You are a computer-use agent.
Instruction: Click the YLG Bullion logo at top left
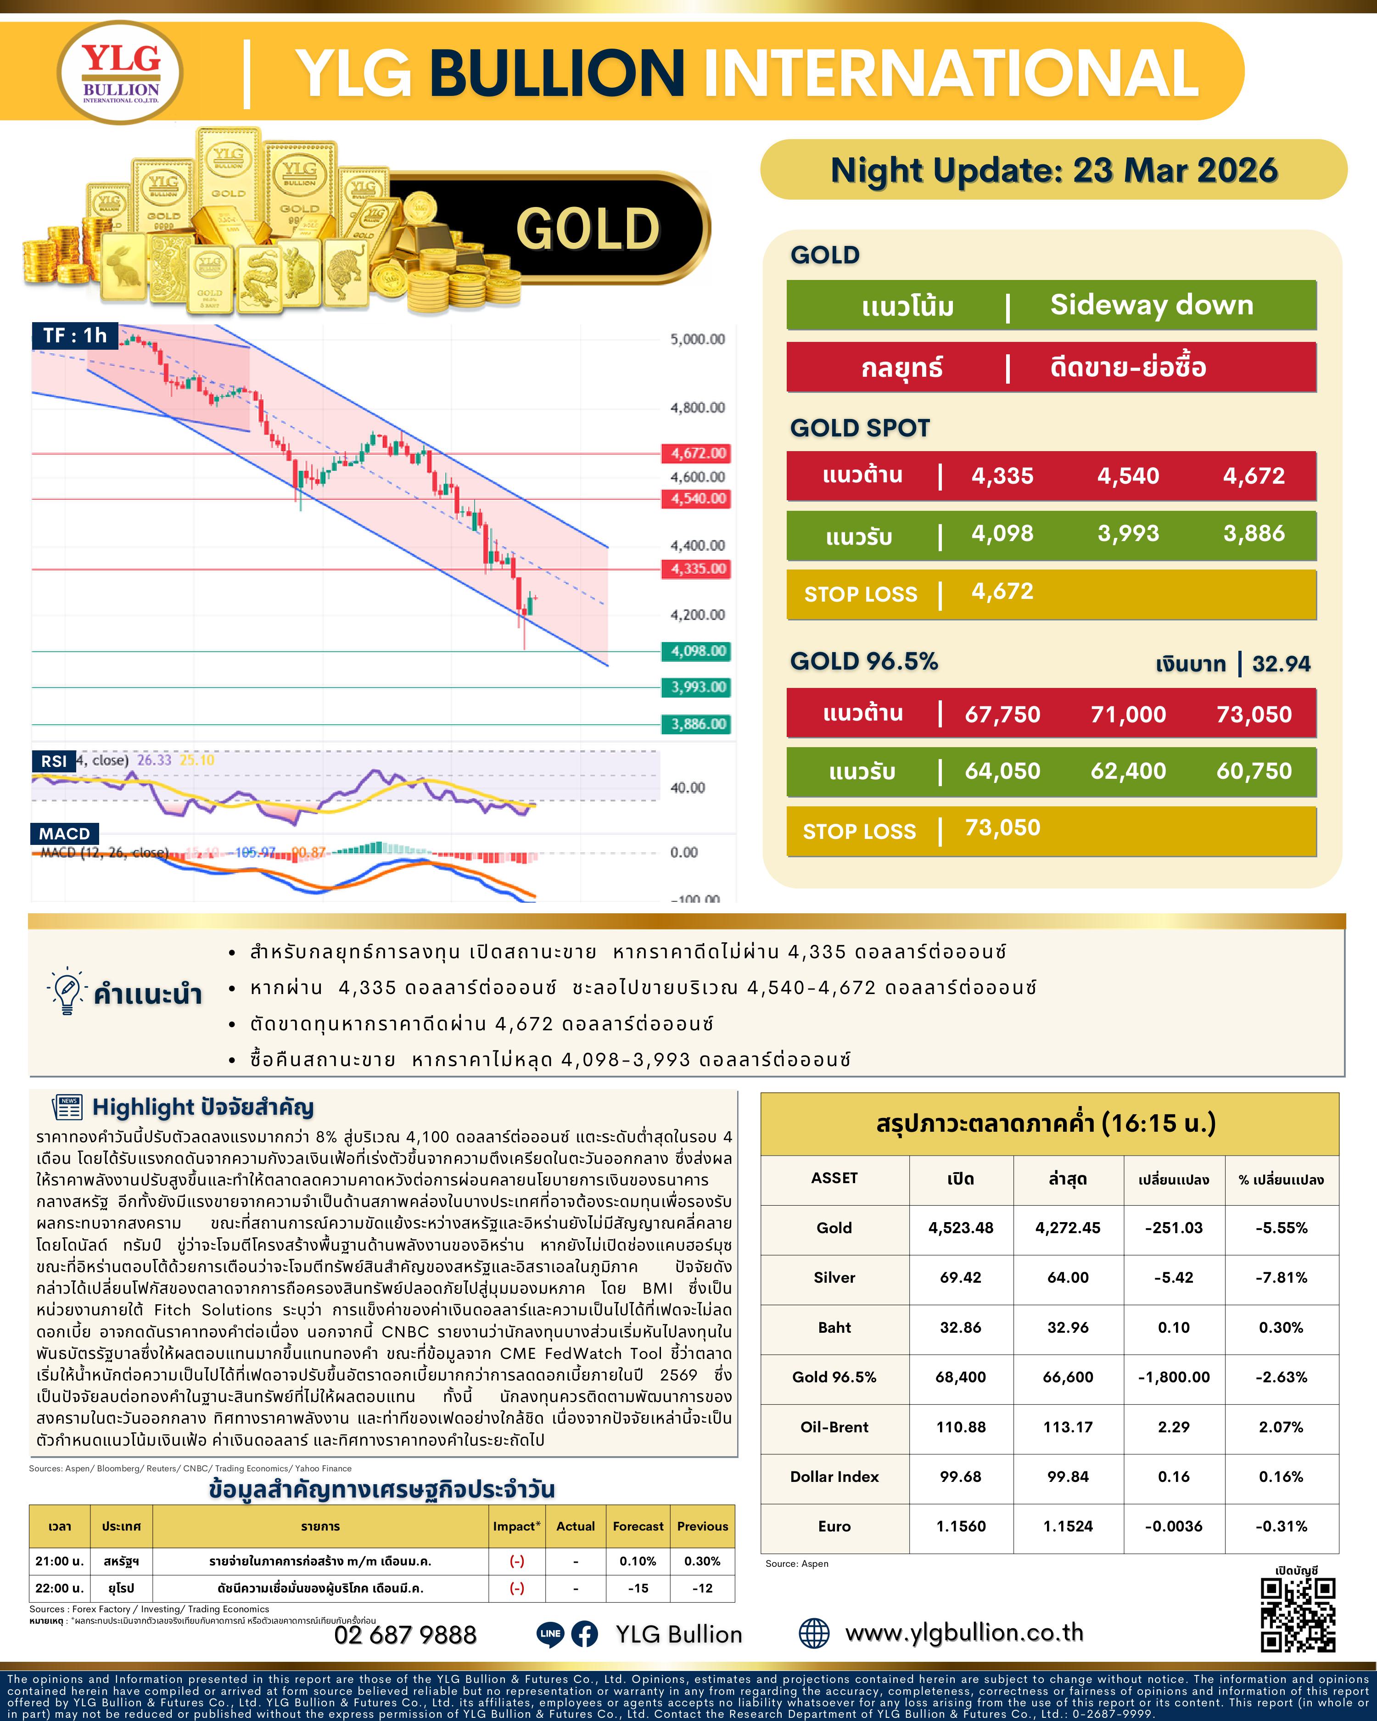[x=121, y=73]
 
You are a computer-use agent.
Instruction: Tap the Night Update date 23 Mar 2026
[x=1054, y=170]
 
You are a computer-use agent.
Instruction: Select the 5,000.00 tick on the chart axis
[x=697, y=339]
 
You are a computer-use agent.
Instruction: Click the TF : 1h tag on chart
[x=75, y=335]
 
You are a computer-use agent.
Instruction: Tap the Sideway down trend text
[x=1151, y=305]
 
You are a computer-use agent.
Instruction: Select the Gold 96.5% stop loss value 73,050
[x=1002, y=828]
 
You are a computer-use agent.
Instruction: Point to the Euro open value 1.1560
[x=960, y=1526]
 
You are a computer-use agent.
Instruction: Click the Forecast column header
[x=638, y=1526]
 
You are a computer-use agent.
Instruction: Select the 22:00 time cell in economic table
[x=60, y=1588]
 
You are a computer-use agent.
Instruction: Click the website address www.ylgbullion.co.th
[x=963, y=1633]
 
